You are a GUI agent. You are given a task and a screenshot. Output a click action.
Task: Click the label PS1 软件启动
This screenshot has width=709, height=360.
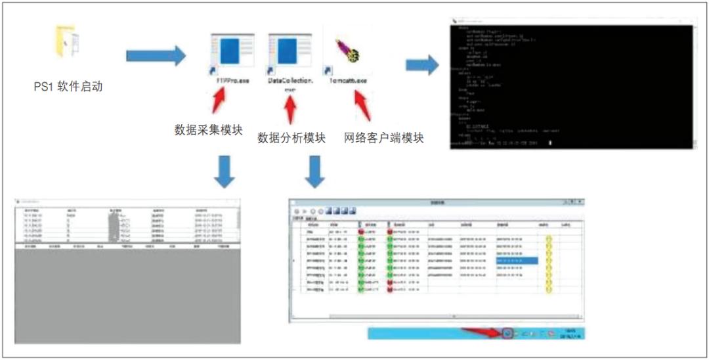point(68,87)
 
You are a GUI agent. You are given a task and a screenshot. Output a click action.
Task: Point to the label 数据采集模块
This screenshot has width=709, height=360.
point(208,130)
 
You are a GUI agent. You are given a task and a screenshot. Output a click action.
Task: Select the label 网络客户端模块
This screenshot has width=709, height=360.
point(383,138)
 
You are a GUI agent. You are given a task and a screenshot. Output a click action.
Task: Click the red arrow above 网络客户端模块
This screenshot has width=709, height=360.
point(362,105)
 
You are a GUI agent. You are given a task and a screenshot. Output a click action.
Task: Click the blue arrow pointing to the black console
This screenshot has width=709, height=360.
point(421,65)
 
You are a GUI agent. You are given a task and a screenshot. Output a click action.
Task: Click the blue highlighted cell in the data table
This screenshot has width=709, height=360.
point(517,261)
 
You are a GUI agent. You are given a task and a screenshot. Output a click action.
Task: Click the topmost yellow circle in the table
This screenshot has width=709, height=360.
point(549,239)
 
